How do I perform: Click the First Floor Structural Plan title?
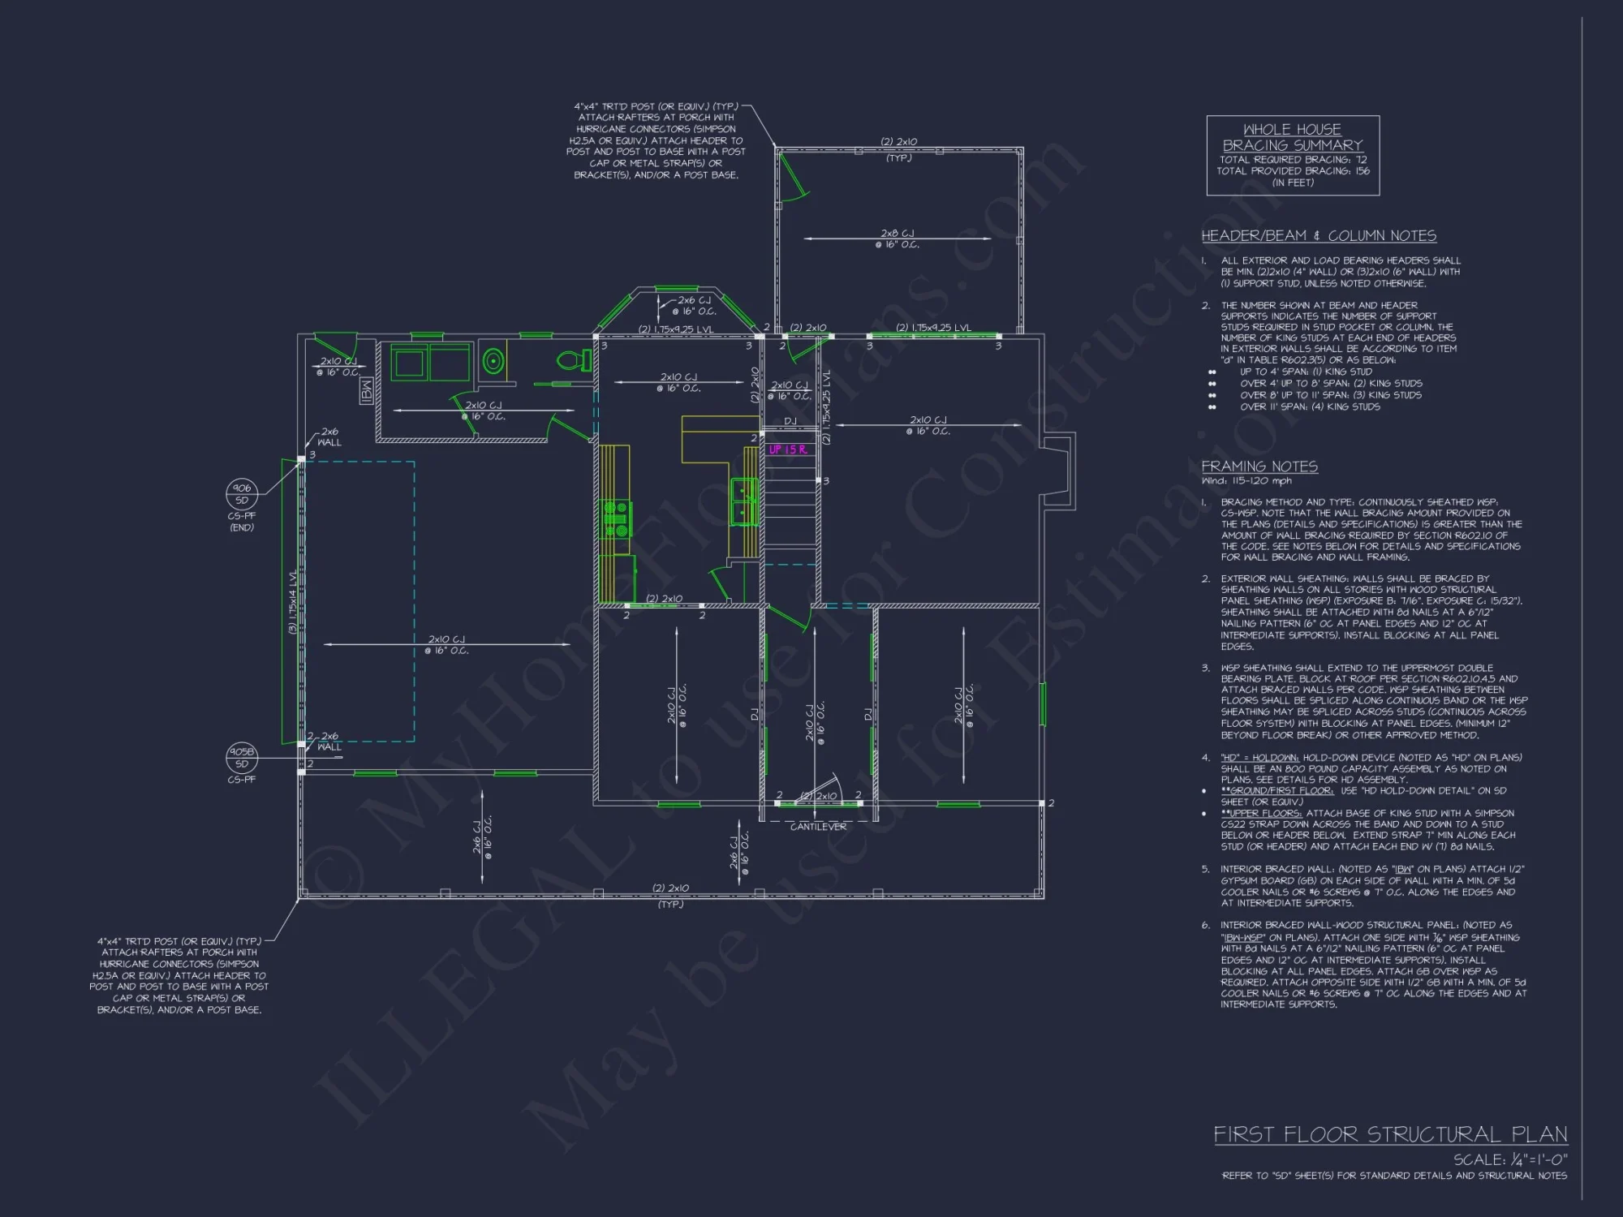pos(1390,1134)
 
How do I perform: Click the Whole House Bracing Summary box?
pos(1293,155)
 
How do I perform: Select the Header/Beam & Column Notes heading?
pos(1319,236)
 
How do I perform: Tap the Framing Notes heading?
pos(1259,467)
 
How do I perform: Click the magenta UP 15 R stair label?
pos(787,449)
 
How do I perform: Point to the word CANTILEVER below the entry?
pos(818,827)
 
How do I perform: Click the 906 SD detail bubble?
pos(242,493)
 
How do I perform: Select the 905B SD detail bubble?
pos(242,758)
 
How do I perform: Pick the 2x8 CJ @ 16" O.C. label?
pos(897,239)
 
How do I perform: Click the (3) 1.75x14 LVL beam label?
pos(293,602)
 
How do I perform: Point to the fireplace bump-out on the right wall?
pos(1059,471)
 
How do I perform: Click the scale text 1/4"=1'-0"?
pos(1510,1160)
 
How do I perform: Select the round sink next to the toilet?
pos(493,362)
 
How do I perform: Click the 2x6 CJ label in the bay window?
pos(694,306)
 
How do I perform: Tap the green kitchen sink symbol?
pos(744,501)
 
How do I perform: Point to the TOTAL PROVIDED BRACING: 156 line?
pos(1293,171)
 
